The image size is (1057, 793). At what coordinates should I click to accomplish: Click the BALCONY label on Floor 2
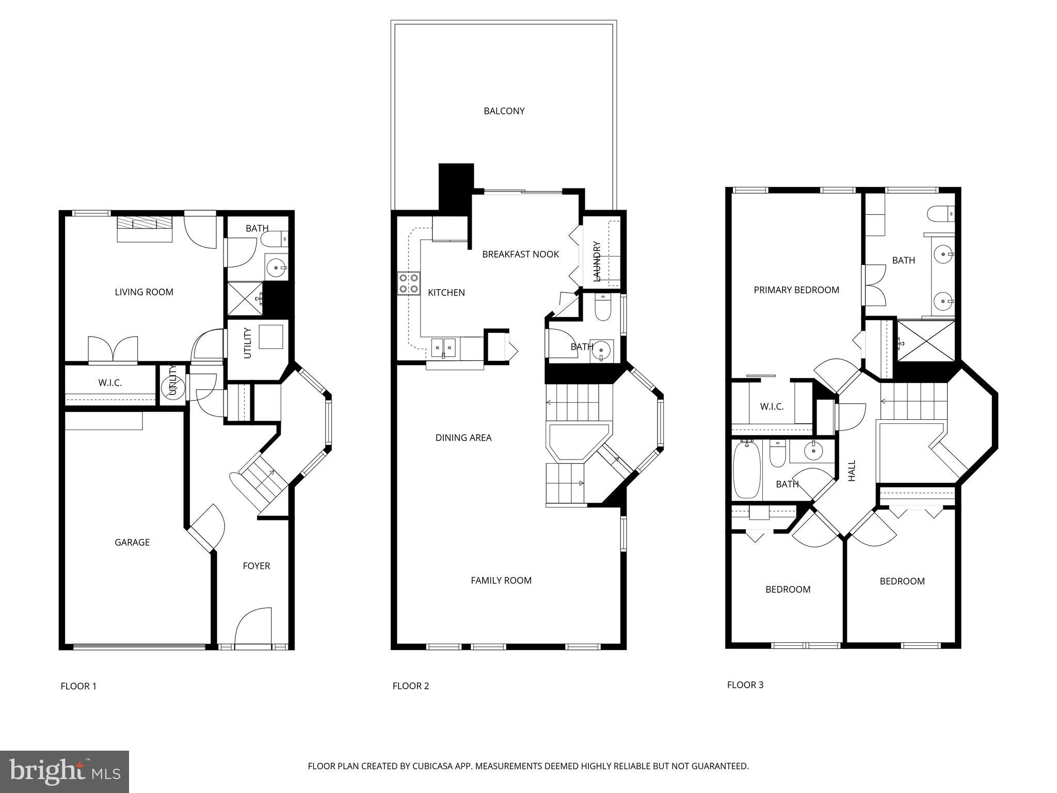(504, 111)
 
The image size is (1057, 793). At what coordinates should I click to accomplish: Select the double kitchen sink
(444, 347)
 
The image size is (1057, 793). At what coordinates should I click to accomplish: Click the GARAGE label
(132, 542)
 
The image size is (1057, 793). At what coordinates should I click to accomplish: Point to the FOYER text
(257, 566)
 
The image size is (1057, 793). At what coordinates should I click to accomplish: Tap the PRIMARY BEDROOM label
(796, 290)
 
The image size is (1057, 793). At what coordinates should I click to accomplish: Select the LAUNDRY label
(597, 261)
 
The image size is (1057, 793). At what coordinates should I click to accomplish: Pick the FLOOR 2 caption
(410, 686)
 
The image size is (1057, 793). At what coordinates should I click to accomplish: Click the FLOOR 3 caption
(745, 685)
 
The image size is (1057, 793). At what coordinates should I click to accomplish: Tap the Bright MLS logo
(64, 771)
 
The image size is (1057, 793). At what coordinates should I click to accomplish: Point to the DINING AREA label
(463, 438)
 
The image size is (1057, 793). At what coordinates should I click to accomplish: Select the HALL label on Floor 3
(852, 470)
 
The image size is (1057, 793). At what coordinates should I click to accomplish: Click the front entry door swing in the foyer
(253, 627)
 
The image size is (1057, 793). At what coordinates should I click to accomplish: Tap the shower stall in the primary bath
(926, 341)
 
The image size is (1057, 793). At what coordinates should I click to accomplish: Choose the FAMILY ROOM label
(501, 580)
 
